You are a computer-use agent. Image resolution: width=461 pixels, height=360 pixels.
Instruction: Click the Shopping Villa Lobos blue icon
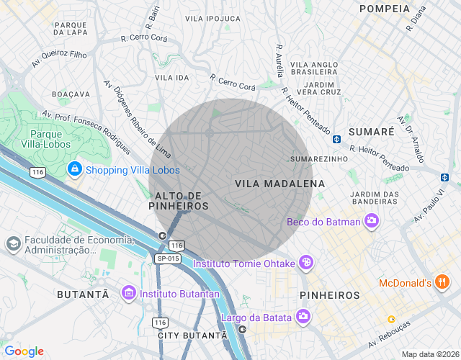74,169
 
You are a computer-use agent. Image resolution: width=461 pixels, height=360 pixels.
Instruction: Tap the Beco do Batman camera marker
372,222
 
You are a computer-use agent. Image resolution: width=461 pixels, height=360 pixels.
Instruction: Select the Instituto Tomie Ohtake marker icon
307,264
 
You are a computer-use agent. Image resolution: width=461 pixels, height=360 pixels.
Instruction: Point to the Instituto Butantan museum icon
129,293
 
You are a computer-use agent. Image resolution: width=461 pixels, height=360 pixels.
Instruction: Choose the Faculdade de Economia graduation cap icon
12,244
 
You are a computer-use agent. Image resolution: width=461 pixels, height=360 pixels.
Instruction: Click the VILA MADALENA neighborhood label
279,184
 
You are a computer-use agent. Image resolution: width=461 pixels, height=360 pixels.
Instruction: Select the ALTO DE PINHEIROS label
178,201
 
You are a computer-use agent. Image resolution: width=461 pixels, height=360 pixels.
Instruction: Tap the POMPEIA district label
384,8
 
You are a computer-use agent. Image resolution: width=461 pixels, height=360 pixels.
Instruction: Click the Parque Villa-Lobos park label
50,139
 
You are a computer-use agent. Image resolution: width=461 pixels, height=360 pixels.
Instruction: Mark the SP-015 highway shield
168,258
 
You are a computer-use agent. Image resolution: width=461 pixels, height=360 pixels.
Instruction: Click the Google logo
24,351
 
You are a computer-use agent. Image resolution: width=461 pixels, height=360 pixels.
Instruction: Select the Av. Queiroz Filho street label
59,59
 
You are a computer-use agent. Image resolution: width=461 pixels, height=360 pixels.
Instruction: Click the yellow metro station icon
391,319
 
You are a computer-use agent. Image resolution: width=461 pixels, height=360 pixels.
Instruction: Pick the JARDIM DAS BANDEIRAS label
375,198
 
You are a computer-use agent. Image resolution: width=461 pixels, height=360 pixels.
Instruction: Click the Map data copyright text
430,354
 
